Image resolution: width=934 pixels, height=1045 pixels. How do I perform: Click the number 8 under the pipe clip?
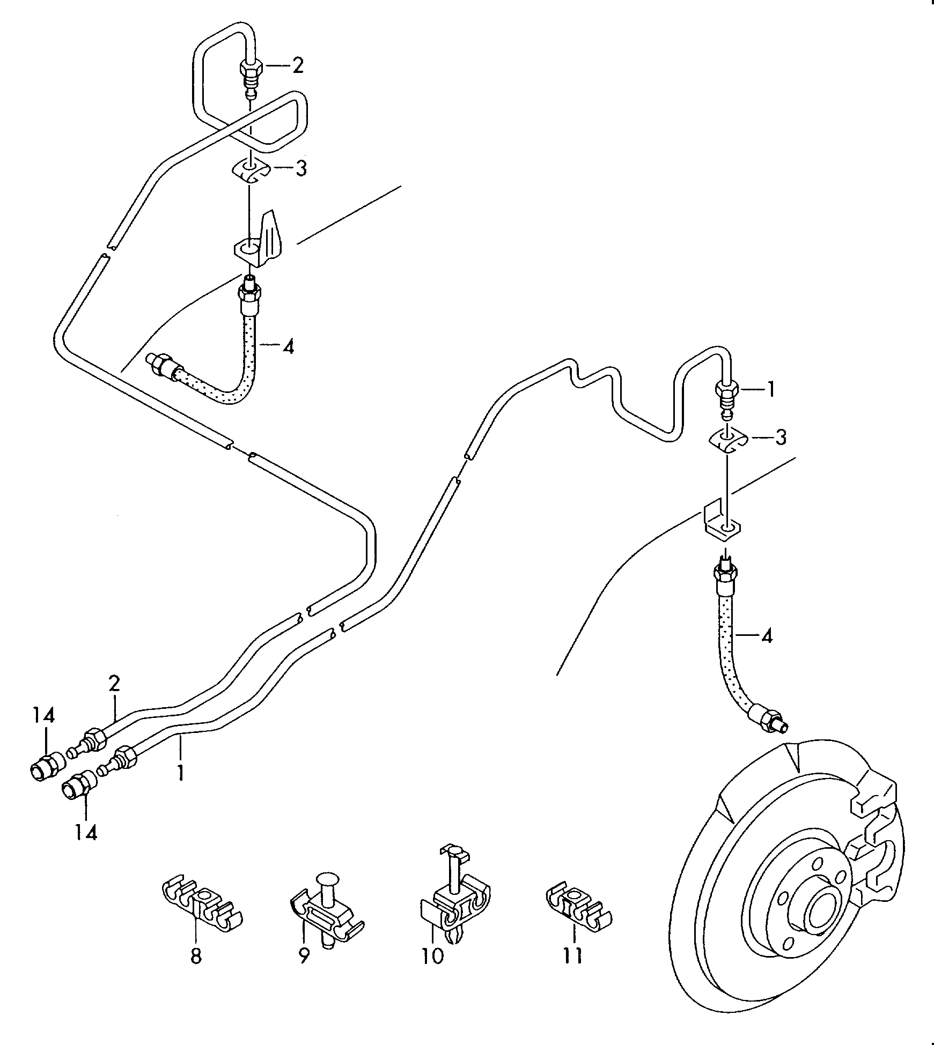tap(196, 956)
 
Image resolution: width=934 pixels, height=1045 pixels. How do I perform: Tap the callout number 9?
tap(304, 956)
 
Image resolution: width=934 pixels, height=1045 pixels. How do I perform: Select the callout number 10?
tap(433, 955)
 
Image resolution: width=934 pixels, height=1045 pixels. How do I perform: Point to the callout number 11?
tap(573, 955)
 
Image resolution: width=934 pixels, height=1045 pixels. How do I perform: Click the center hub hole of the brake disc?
tap(821, 909)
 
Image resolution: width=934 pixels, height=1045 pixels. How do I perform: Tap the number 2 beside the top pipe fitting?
tap(297, 66)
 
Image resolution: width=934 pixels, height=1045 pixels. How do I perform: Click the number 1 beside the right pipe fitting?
tap(771, 390)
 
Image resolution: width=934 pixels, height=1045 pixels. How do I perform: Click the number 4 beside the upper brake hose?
tap(289, 347)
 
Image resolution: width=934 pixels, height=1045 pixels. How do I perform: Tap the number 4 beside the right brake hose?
tap(767, 636)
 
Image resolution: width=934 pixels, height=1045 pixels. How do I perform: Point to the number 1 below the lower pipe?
tap(181, 773)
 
